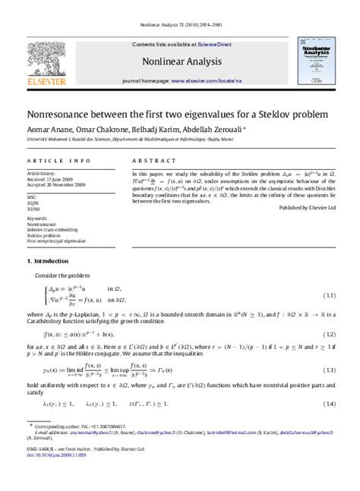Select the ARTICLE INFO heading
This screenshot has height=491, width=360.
pyautogui.click(x=53, y=162)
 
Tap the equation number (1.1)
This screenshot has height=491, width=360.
pyautogui.click(x=330, y=294)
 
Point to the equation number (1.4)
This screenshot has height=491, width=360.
pyautogui.click(x=330, y=403)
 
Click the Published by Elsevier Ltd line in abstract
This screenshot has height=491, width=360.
pyautogui.click(x=311, y=207)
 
